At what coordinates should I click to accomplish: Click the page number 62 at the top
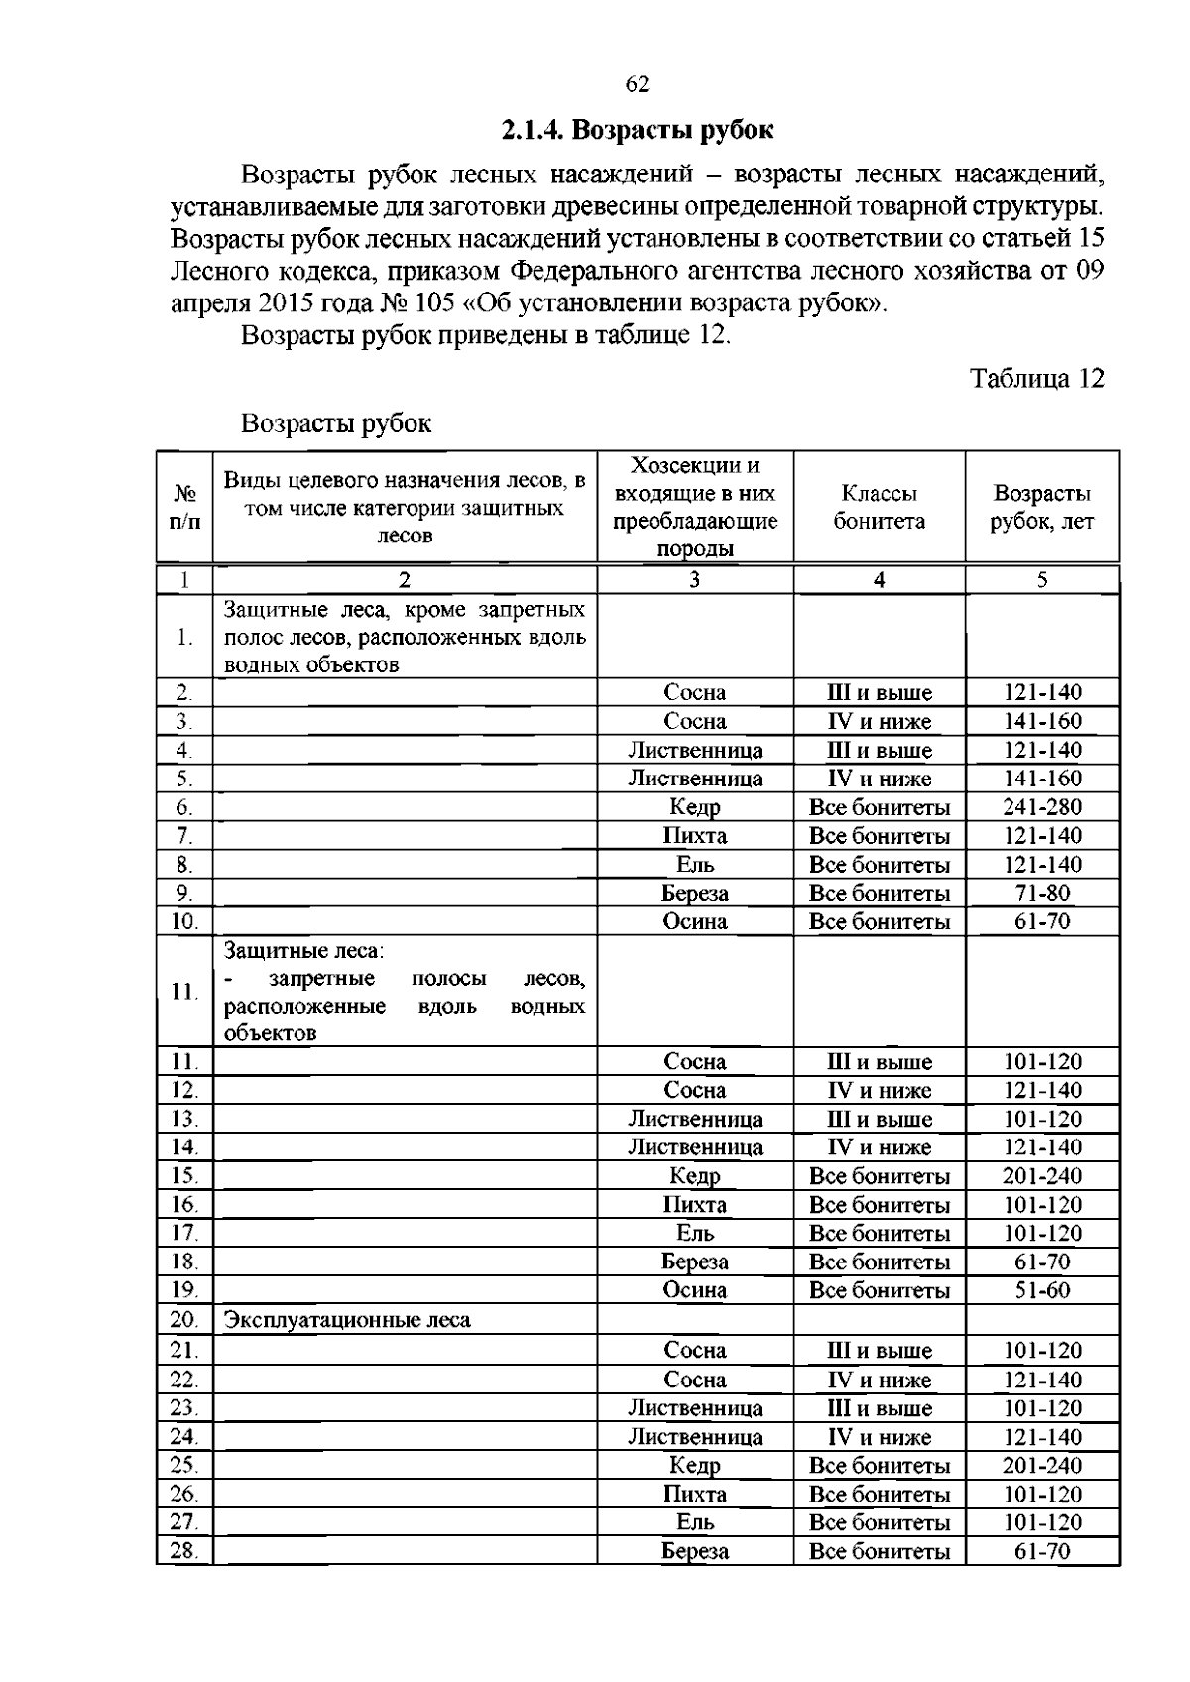[638, 85]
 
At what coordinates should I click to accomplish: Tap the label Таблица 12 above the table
[1036, 379]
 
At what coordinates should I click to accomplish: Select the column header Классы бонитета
[879, 507]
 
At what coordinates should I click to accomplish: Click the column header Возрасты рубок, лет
[1041, 507]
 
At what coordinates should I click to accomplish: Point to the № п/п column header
[185, 507]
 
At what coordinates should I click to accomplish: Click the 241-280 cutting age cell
[1041, 807]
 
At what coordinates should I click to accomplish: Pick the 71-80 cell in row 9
[1041, 893]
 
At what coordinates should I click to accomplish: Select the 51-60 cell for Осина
[1041, 1290]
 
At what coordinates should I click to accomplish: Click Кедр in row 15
[694, 1176]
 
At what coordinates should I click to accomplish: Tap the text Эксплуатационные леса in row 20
[347, 1320]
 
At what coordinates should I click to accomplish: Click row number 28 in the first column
[184, 1551]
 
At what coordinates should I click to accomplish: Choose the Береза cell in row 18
[694, 1261]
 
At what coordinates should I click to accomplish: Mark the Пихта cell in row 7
[694, 836]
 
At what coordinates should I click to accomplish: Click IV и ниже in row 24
[879, 1437]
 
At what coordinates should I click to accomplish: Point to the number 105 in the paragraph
[434, 302]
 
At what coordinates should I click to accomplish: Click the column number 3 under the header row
[694, 580]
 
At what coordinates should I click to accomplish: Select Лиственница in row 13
[694, 1119]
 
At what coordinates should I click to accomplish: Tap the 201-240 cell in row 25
[1041, 1466]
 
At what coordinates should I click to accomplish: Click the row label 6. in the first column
[184, 807]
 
